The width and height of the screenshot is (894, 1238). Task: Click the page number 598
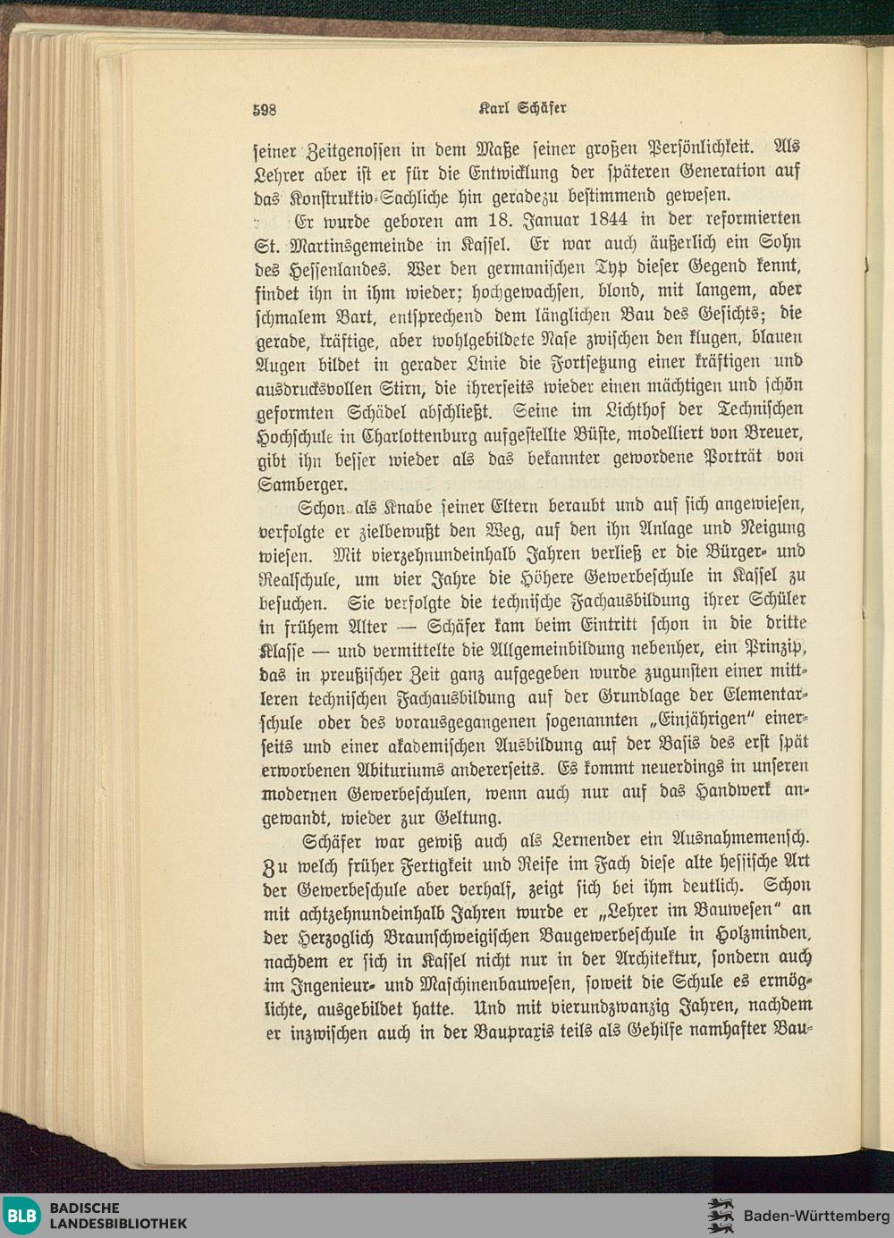264,110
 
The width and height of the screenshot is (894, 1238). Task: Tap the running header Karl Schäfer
523,108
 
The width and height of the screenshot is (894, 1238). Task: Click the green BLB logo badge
21,1216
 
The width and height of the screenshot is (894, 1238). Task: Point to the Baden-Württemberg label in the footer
815,1216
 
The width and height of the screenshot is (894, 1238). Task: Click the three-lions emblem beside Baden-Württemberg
720,1216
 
